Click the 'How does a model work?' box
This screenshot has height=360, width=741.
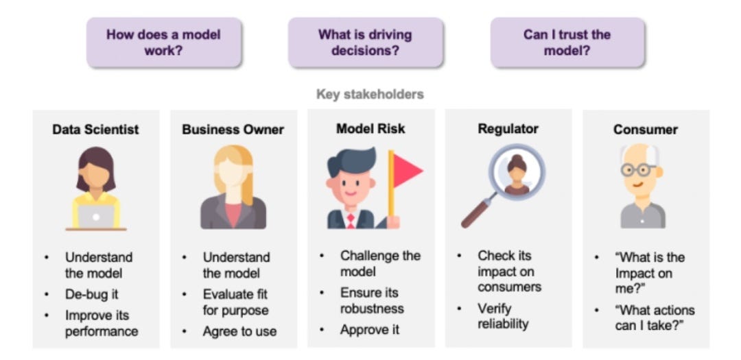click(163, 43)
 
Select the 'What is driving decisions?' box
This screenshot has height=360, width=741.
click(365, 43)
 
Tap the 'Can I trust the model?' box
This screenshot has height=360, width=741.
click(567, 43)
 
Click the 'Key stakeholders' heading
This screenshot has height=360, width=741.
click(370, 95)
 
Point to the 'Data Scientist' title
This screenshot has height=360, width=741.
click(95, 129)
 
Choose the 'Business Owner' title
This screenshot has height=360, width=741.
click(233, 129)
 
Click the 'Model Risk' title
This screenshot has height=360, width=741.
click(370, 128)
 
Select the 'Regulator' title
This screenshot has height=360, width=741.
click(508, 128)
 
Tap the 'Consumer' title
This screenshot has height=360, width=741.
click(646, 129)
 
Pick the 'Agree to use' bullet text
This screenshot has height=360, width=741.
click(239, 331)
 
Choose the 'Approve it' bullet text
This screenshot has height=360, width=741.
click(370, 329)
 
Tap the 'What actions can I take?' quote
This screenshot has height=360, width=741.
click(655, 317)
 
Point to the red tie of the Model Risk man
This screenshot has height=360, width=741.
click(351, 220)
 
